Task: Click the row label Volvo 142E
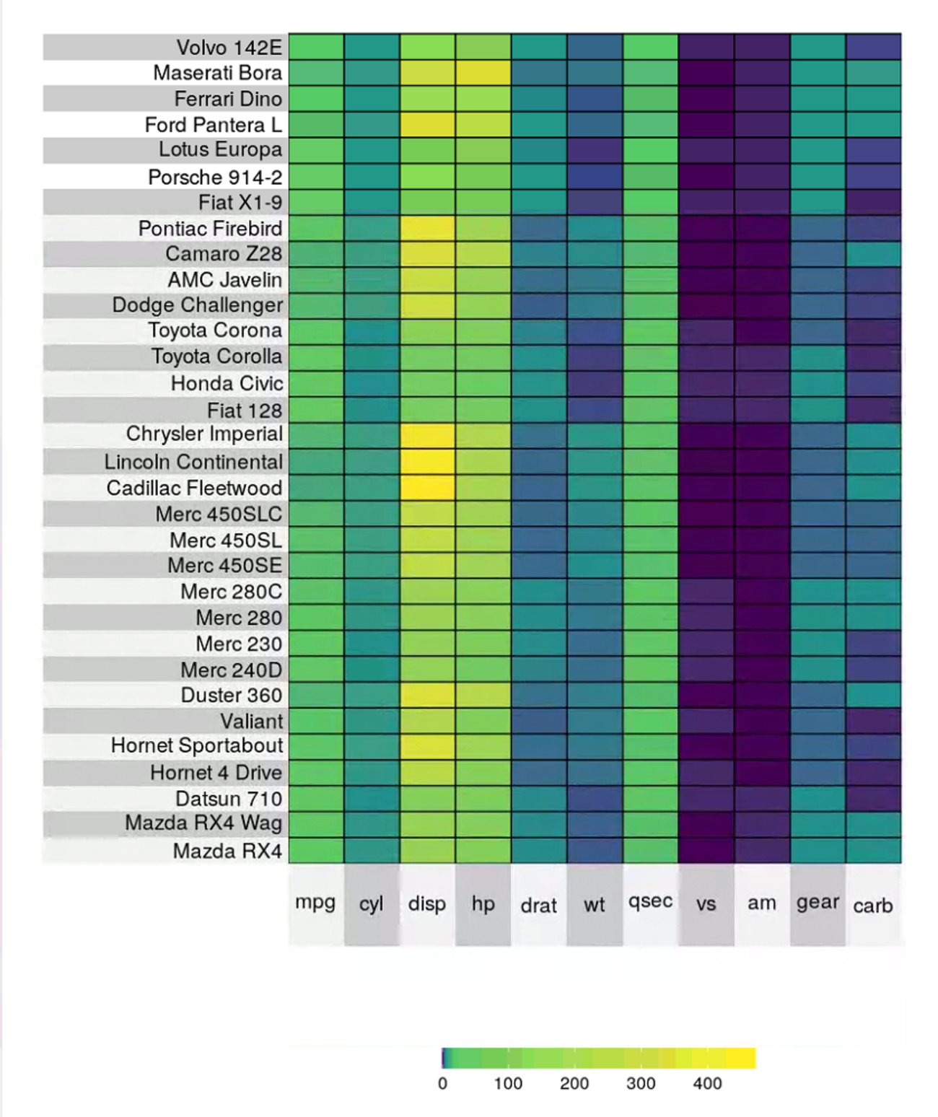tap(229, 48)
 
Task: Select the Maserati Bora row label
tap(217, 73)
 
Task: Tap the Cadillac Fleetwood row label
tap(194, 489)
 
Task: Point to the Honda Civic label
tap(227, 384)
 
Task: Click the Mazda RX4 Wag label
tap(203, 823)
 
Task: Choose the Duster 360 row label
tap(231, 696)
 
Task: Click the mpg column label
tap(315, 902)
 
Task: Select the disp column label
tap(427, 903)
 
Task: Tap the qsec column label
tap(650, 902)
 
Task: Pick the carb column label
tap(873, 906)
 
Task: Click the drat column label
tap(539, 906)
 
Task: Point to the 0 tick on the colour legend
tap(442, 1083)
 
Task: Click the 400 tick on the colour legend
tap(707, 1083)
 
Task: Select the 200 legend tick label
tap(574, 1083)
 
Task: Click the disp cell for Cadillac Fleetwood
tap(428, 489)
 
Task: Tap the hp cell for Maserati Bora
tap(483, 73)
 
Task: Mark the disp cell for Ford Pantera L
tap(428, 125)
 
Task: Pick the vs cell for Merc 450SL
tap(706, 540)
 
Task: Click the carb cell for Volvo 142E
tap(873, 47)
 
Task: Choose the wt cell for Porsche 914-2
tap(595, 177)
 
